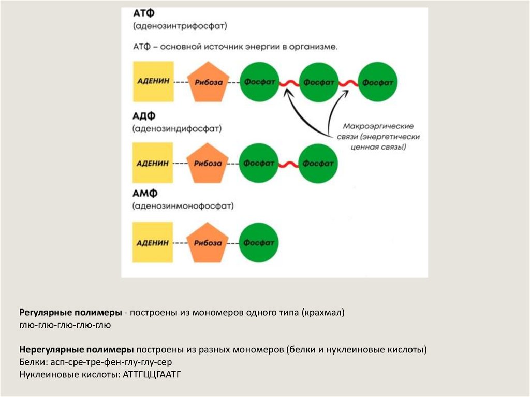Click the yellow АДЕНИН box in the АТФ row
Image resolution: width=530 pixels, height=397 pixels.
tap(153, 82)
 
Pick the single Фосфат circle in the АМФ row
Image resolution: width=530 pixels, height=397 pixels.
tap(259, 242)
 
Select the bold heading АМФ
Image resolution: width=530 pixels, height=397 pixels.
tap(144, 194)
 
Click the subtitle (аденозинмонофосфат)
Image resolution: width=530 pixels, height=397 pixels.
tap(183, 206)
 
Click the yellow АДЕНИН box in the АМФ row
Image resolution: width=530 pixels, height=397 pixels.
tap(153, 242)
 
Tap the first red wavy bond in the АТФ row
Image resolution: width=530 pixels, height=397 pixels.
tap(289, 83)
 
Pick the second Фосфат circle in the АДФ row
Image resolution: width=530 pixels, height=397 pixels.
tap(318, 164)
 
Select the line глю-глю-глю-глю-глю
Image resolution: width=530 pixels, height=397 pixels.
tap(65, 326)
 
